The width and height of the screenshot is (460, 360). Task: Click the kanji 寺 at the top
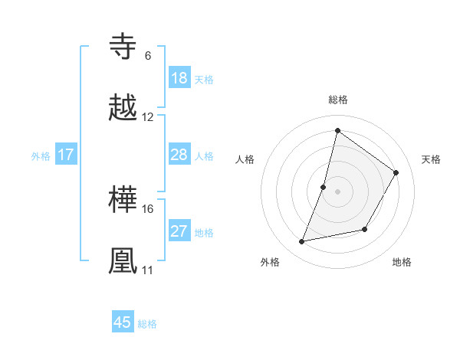[123, 47]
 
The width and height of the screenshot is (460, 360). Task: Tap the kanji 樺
[123, 200]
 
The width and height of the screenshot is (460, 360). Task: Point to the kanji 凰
[123, 261]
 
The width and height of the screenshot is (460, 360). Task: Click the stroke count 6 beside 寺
[147, 56]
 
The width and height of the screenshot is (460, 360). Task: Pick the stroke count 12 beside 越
[148, 117]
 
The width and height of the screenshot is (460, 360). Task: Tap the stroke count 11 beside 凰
[147, 270]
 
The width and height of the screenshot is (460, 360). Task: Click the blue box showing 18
[179, 78]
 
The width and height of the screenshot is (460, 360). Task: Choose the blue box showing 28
[179, 155]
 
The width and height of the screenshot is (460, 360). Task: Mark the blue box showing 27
[179, 231]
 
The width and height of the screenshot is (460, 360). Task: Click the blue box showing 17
[66, 155]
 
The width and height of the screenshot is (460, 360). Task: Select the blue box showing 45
[123, 322]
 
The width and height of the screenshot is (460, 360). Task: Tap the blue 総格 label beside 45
[147, 324]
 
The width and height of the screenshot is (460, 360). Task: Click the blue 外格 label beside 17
[41, 155]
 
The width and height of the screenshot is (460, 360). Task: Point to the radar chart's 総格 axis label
[337, 100]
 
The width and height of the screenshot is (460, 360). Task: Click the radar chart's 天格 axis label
[431, 159]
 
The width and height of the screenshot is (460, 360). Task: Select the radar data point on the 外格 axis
[302, 242]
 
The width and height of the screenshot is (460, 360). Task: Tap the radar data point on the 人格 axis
[324, 187]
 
